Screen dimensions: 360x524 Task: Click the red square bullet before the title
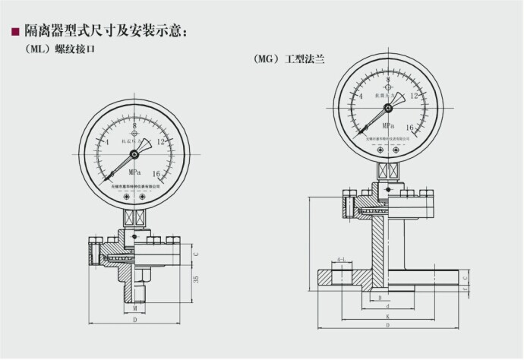pyautogui.click(x=14, y=33)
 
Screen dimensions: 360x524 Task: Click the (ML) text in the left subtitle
pyautogui.click(x=39, y=49)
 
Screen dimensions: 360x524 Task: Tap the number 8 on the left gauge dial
pyautogui.click(x=134, y=127)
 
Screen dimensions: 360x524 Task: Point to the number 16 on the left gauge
pyautogui.click(x=157, y=174)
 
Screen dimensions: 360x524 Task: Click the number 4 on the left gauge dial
pyautogui.click(x=107, y=142)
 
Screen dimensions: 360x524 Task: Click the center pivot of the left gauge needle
pyautogui.click(x=134, y=154)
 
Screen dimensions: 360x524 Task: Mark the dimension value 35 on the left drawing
pyautogui.click(x=196, y=280)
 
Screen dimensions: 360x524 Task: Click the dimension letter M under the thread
pyautogui.click(x=134, y=310)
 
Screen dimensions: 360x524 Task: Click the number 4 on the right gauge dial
pyautogui.click(x=360, y=96)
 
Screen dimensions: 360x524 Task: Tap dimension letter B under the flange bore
pyautogui.click(x=379, y=298)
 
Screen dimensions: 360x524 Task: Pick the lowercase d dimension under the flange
pyautogui.click(x=387, y=307)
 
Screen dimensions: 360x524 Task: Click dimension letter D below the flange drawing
pyautogui.click(x=387, y=325)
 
